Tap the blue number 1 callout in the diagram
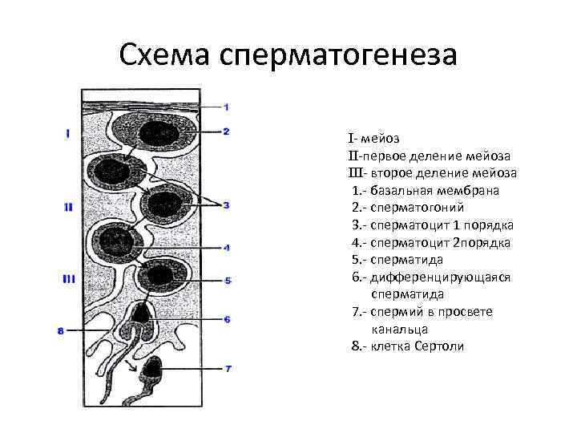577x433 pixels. click(x=226, y=107)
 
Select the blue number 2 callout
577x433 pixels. click(x=226, y=132)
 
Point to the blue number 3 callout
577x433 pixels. click(x=226, y=205)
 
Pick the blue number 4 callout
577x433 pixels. click(x=227, y=248)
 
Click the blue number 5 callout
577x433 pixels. click(x=227, y=281)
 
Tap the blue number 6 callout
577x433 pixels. click(x=227, y=319)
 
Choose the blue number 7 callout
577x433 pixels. click(x=227, y=369)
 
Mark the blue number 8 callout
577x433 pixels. click(x=62, y=330)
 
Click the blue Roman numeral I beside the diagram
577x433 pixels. click(x=68, y=134)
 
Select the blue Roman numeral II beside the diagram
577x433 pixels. click(x=68, y=207)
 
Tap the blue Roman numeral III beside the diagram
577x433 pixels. click(x=69, y=279)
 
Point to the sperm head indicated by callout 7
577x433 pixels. click(x=151, y=369)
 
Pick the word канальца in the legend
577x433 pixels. click(x=400, y=329)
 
